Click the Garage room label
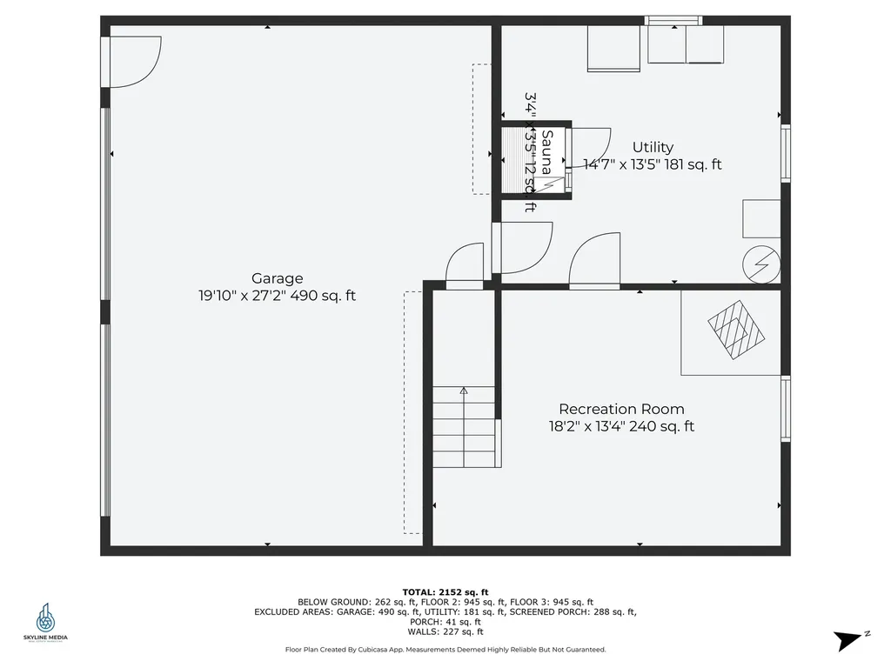tap(277, 278)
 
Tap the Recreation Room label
tap(621, 409)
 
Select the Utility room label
tap(653, 147)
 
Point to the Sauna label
tap(547, 151)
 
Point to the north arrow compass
tap(849, 640)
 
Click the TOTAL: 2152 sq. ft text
tap(445, 591)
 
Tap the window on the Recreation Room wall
tap(786, 409)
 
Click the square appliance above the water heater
tap(760, 218)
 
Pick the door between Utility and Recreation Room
tap(594, 261)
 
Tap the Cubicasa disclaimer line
tap(445, 649)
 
